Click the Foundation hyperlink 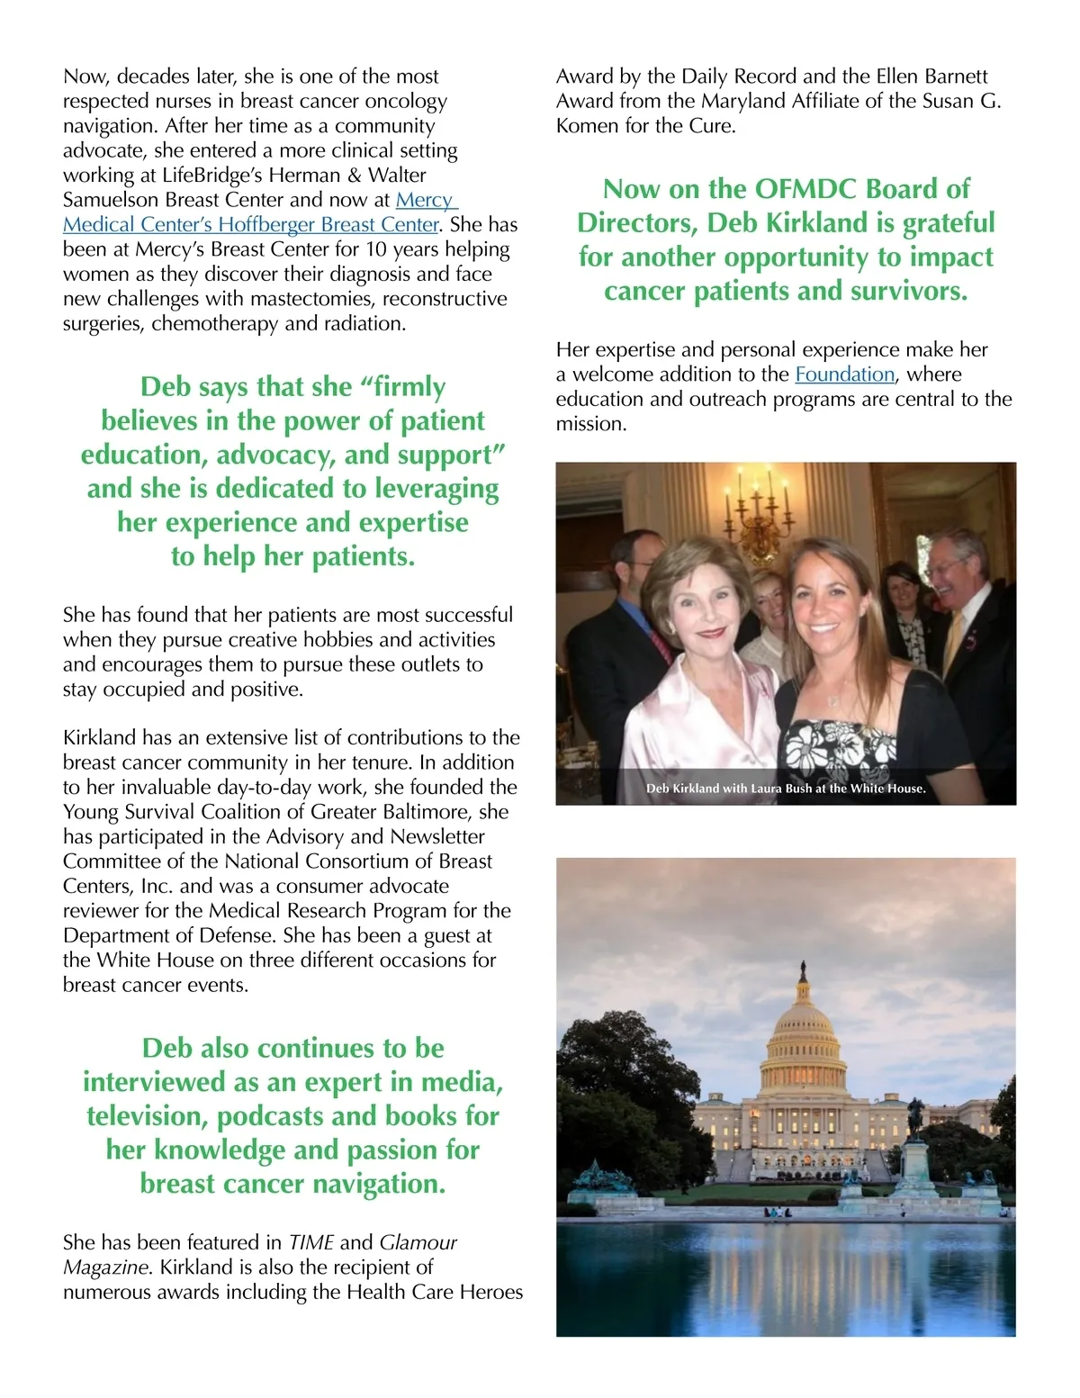click(x=844, y=374)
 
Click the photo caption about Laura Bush click(x=786, y=789)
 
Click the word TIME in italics click(x=310, y=1243)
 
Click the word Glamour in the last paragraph click(x=418, y=1243)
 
